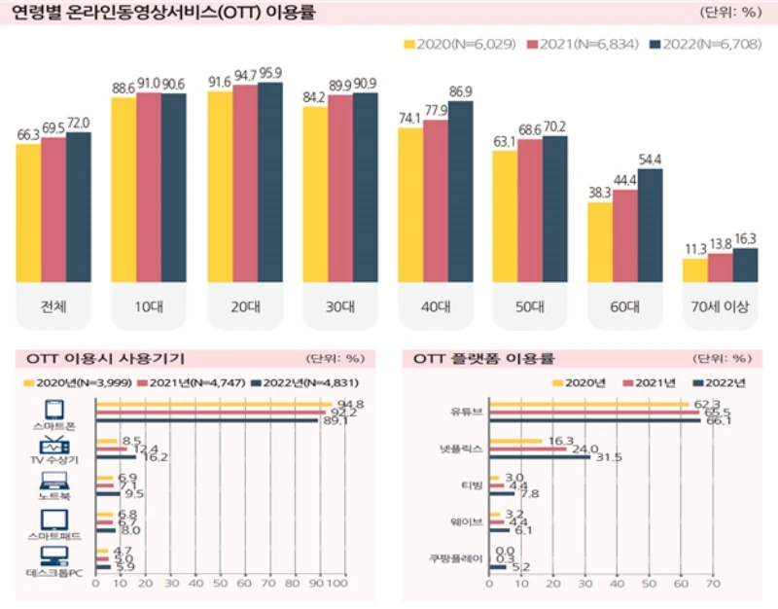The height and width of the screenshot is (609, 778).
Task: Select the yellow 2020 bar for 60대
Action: [600, 243]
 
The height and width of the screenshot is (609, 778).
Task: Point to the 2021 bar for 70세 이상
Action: [721, 268]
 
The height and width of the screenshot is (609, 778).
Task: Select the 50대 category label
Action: [529, 306]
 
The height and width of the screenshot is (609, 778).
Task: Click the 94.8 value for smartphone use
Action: [343, 404]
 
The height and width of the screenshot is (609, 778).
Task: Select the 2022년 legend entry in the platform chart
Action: [725, 383]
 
